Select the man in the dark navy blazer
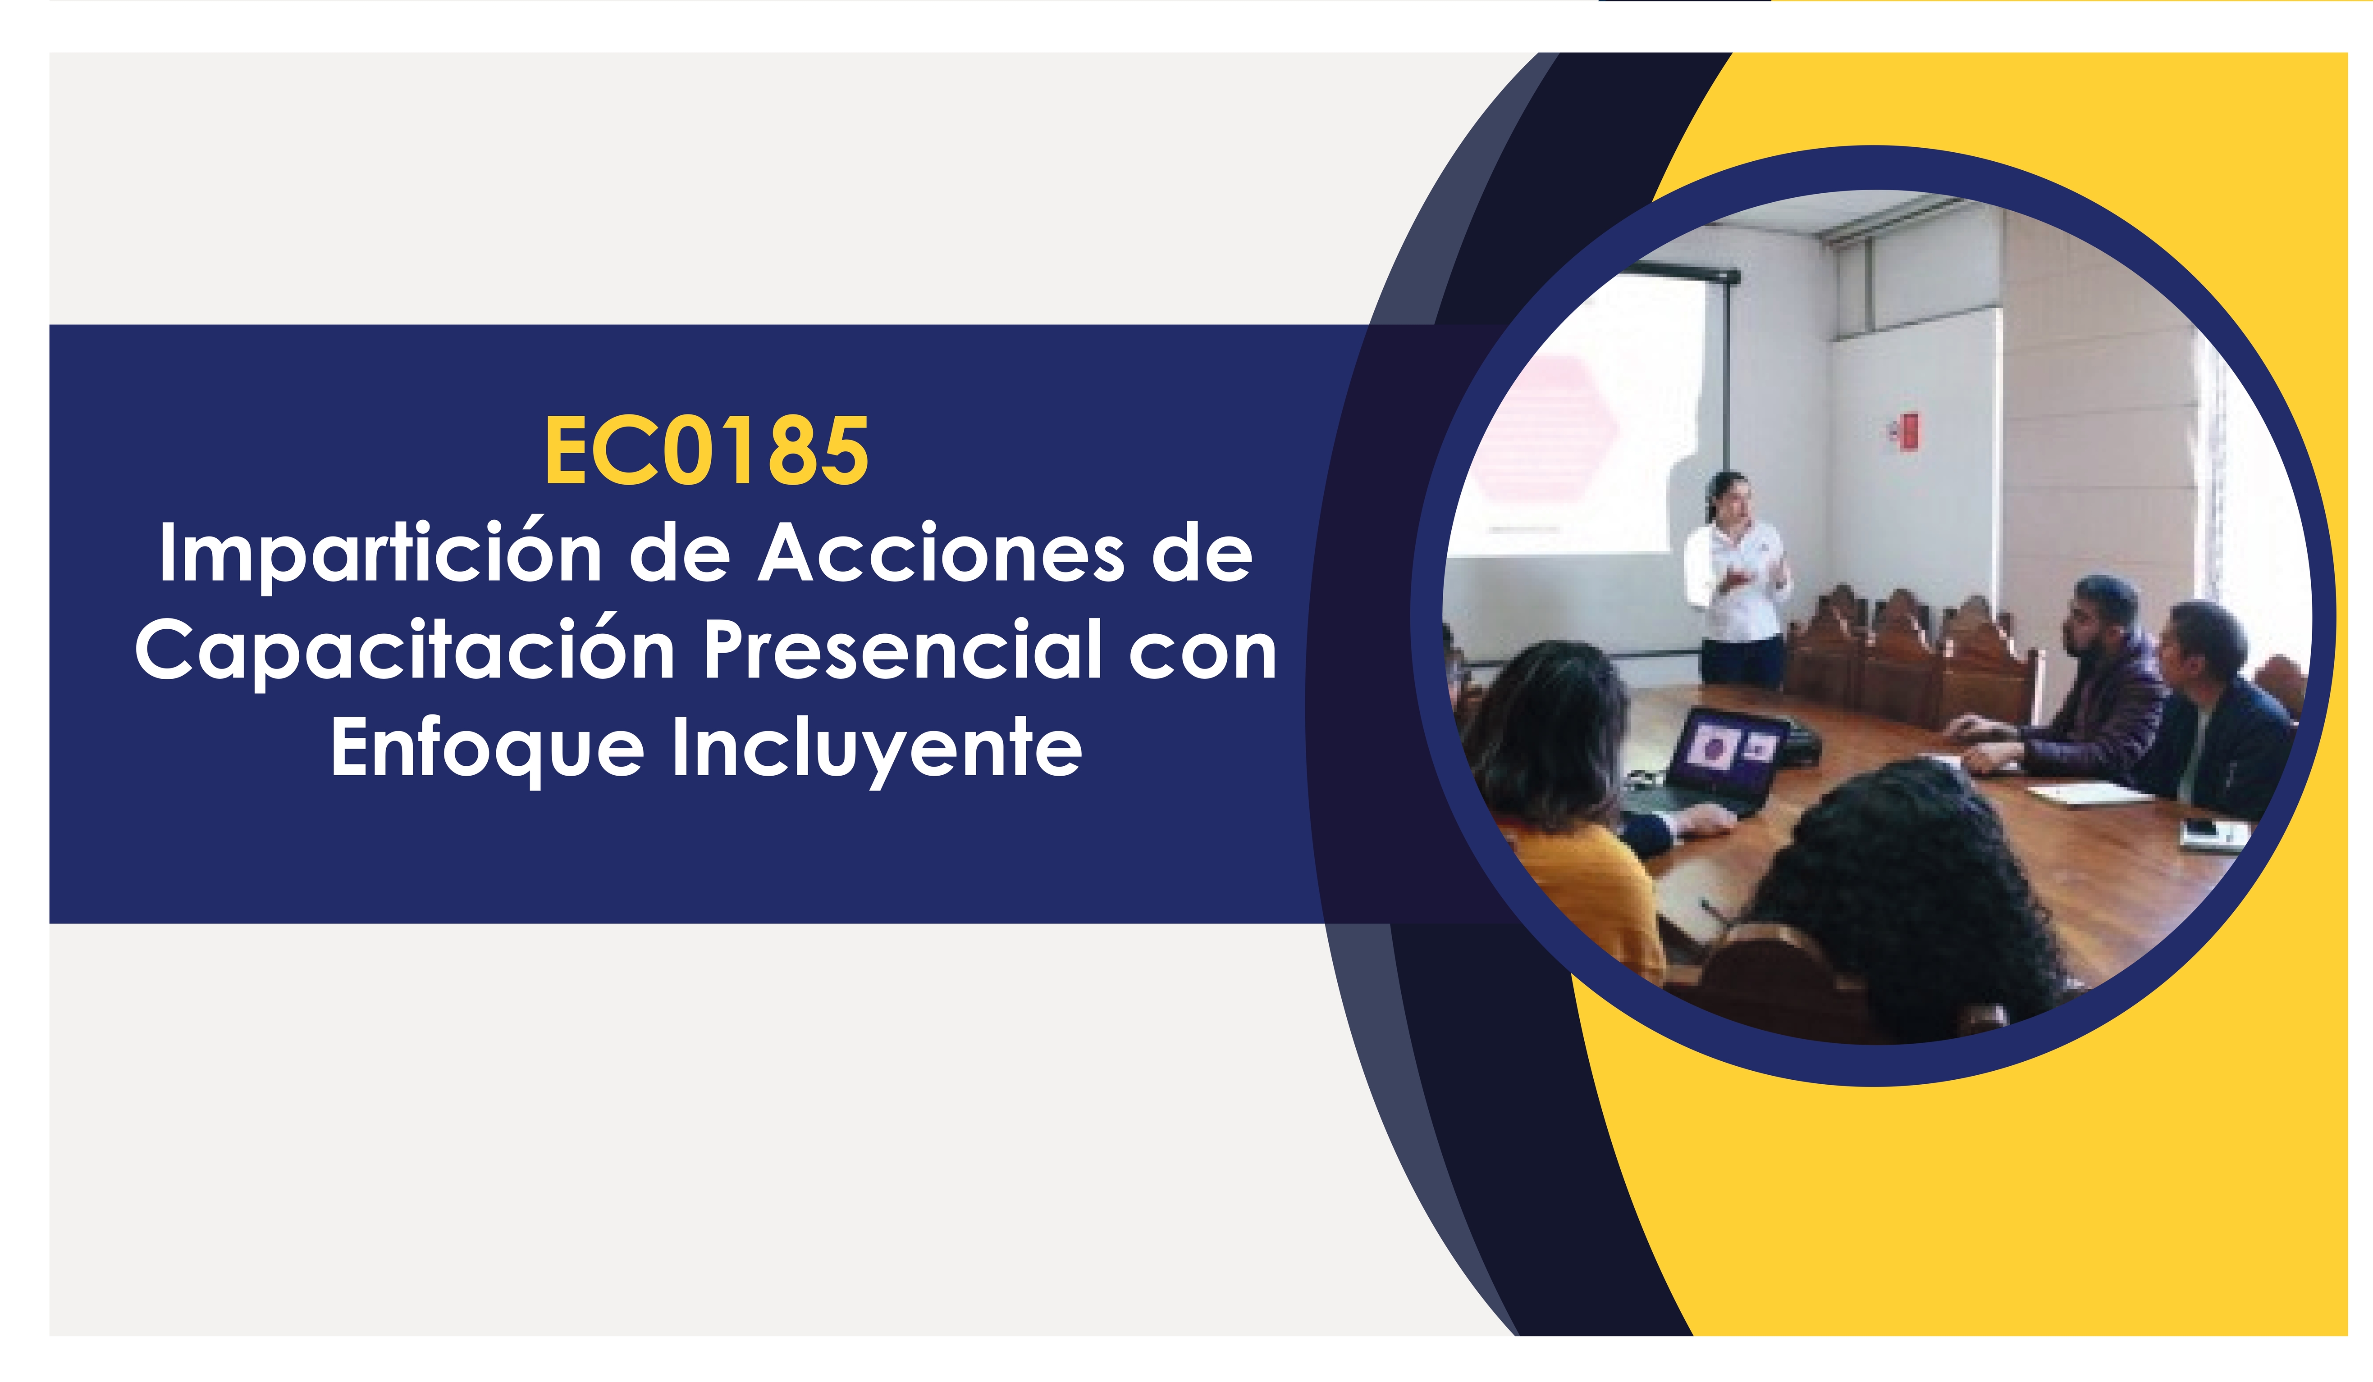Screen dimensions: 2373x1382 coord(2222,715)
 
